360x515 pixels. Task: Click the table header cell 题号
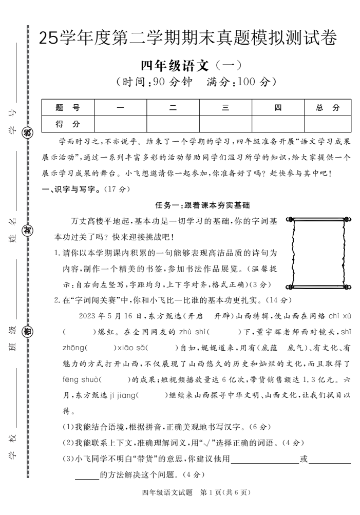(67, 108)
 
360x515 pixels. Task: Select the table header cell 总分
(328, 108)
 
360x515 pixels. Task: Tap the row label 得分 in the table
(67, 124)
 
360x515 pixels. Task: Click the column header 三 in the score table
(225, 108)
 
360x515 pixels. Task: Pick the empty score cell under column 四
(278, 124)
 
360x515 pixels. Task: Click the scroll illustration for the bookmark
(318, 252)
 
